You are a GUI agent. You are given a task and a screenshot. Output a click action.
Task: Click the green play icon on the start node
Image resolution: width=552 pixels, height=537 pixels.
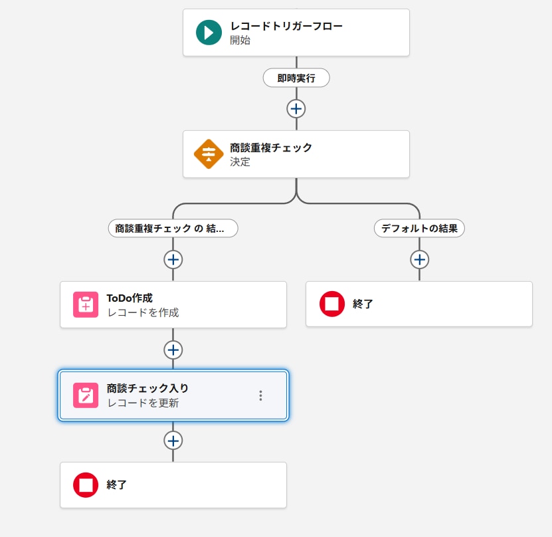(x=209, y=33)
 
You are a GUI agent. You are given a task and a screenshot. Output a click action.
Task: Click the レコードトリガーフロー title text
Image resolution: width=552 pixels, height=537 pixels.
(x=286, y=26)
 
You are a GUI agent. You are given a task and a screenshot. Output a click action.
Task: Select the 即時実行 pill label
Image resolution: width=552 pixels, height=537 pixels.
(x=296, y=78)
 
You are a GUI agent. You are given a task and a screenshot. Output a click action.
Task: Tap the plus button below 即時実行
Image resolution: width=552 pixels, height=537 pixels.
(x=296, y=108)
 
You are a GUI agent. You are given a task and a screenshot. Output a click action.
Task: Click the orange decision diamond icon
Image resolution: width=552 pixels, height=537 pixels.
(x=209, y=154)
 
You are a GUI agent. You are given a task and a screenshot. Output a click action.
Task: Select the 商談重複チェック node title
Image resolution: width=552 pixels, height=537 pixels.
(x=271, y=148)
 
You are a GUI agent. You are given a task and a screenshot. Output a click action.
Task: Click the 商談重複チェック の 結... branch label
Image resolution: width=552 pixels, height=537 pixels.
(x=173, y=228)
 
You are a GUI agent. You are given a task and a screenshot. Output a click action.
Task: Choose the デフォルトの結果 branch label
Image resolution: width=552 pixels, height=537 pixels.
(x=419, y=228)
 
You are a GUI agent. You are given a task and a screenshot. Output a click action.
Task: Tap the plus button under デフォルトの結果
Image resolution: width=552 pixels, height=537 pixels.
(x=419, y=259)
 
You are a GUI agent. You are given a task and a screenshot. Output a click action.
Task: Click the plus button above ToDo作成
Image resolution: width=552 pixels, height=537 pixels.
(x=173, y=259)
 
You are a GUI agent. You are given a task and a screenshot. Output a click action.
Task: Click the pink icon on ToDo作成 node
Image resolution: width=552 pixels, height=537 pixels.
(x=86, y=304)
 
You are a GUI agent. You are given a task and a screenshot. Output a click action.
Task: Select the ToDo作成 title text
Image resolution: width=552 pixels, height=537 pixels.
(x=130, y=298)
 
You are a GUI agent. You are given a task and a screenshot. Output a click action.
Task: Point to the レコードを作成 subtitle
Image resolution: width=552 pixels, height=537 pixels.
(x=143, y=312)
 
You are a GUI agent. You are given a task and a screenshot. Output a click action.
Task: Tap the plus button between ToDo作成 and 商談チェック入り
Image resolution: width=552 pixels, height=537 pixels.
(x=173, y=350)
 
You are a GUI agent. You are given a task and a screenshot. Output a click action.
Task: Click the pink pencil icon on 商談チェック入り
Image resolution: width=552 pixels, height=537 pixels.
(x=86, y=395)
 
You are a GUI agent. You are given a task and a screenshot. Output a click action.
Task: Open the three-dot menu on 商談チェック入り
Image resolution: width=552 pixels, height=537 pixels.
(x=260, y=395)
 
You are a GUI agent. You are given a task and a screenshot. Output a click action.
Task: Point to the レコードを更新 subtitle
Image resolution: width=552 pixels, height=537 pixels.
(x=143, y=403)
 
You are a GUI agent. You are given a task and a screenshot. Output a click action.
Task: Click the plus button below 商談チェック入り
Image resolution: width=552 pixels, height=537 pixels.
(x=173, y=441)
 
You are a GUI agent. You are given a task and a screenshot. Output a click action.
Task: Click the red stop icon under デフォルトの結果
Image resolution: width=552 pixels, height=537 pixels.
(x=332, y=304)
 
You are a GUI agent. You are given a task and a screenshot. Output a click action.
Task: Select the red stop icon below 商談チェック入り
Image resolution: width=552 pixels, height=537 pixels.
(x=86, y=485)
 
